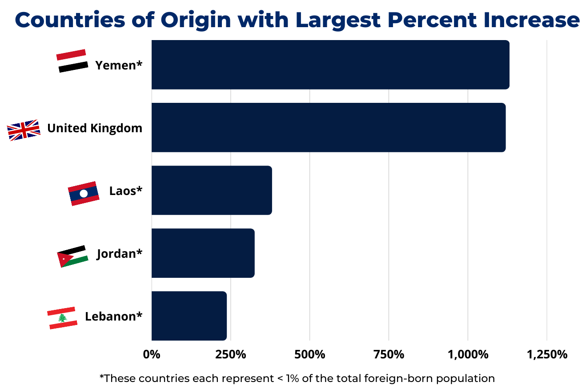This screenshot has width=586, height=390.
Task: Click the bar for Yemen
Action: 330,65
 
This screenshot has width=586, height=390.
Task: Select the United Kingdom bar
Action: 328,127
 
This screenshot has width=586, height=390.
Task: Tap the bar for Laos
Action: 211,190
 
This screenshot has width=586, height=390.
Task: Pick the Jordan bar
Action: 203,253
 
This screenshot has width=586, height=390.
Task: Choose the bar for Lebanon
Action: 189,316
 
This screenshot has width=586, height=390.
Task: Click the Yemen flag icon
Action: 72,61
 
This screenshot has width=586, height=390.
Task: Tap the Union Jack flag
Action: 24,130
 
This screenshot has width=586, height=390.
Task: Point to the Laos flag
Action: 84,193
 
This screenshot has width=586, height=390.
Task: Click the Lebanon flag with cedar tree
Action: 62,318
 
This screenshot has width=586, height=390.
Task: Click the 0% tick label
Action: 151,355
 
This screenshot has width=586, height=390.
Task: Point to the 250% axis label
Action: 230,355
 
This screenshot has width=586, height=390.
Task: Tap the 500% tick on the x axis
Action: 309,355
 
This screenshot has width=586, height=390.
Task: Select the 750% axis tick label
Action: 389,355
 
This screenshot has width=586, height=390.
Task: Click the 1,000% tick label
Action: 468,355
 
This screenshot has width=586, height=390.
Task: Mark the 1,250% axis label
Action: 547,355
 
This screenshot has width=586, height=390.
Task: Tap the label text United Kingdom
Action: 95,128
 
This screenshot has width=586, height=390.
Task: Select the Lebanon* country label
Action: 114,317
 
